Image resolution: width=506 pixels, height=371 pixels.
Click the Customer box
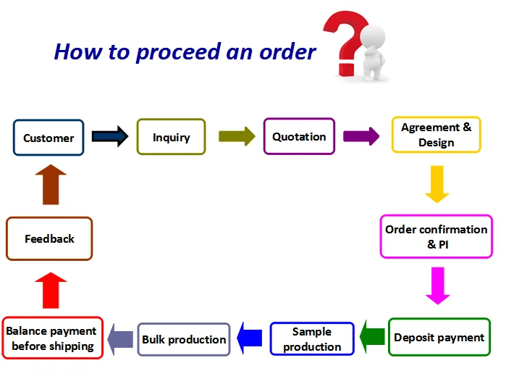tap(49, 138)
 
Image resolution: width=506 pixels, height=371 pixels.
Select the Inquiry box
tap(171, 136)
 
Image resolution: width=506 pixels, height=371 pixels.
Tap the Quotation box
tap(299, 136)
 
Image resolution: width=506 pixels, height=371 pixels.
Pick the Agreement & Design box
tap(436, 135)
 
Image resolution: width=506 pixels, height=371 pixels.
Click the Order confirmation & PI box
tap(436, 235)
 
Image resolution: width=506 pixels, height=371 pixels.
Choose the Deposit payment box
tap(439, 337)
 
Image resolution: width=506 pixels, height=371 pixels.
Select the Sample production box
tap(312, 338)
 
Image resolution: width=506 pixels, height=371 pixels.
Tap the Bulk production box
tap(184, 338)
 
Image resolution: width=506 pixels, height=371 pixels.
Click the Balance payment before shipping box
tap(52, 338)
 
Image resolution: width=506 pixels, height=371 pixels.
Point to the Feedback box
tap(49, 238)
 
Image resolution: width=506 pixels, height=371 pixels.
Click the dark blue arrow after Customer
tap(110, 136)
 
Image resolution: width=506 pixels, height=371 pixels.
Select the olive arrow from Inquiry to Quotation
tap(237, 136)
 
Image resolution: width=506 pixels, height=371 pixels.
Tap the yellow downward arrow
tap(437, 184)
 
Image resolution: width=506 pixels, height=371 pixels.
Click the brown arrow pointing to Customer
tap(50, 185)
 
